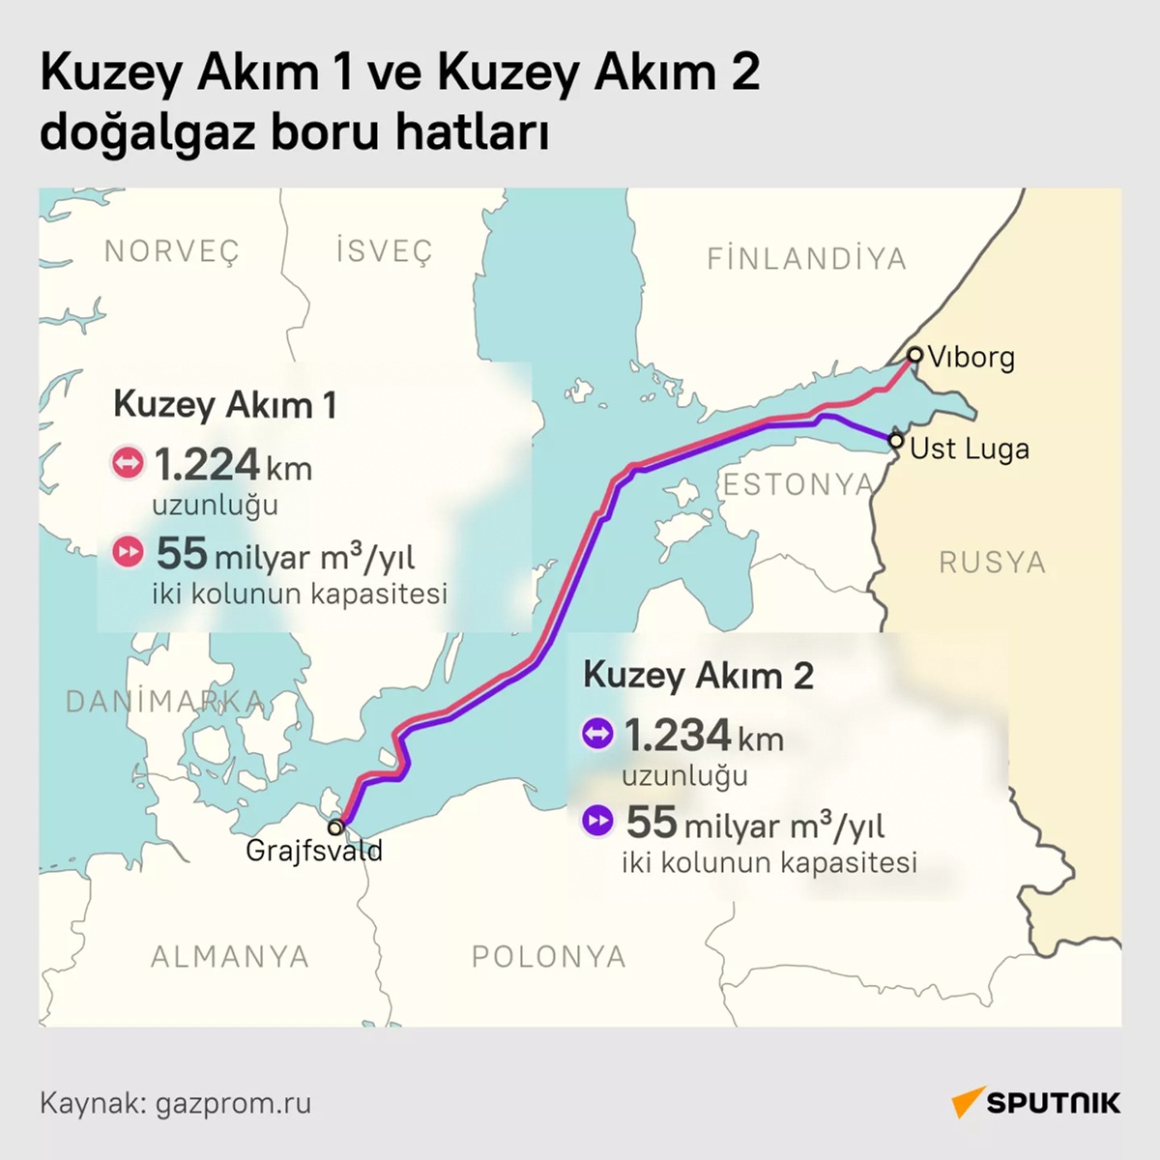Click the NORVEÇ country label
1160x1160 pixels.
click(x=171, y=251)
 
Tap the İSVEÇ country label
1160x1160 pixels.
click(x=384, y=251)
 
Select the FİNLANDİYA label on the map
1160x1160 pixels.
click(x=807, y=259)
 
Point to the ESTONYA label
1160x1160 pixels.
click(x=798, y=484)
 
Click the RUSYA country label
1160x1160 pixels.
click(x=992, y=563)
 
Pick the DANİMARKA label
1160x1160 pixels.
click(x=164, y=702)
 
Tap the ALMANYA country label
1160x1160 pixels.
click(x=230, y=957)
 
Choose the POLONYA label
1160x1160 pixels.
click(x=549, y=957)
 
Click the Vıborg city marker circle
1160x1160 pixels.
click(x=914, y=355)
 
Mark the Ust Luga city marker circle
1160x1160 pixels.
click(x=896, y=442)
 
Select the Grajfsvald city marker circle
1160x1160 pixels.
click(x=335, y=827)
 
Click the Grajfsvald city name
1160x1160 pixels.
click(x=314, y=851)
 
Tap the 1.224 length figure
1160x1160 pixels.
click(x=207, y=465)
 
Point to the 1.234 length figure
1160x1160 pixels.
click(x=677, y=736)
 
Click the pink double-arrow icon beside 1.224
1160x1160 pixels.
click(x=128, y=464)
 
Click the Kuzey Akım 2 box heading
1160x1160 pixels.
click(x=698, y=675)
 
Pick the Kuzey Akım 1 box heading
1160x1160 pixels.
click(x=224, y=404)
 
